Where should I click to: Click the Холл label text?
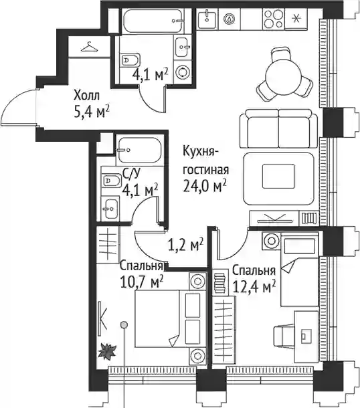point(86,96)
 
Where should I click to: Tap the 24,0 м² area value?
point(204,186)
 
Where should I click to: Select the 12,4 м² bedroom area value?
point(254,287)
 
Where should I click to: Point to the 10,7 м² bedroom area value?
point(142,282)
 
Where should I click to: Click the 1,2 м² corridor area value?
point(185,245)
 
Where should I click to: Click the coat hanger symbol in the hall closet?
point(90,47)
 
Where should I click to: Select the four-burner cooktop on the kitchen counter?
point(273,18)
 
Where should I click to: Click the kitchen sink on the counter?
point(207,19)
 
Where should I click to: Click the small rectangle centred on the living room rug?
point(278,176)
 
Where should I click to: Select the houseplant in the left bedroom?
point(106,352)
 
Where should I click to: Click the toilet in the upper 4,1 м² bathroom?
point(130,60)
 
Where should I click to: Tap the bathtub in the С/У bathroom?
point(139,150)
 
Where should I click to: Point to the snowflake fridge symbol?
point(296,18)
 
